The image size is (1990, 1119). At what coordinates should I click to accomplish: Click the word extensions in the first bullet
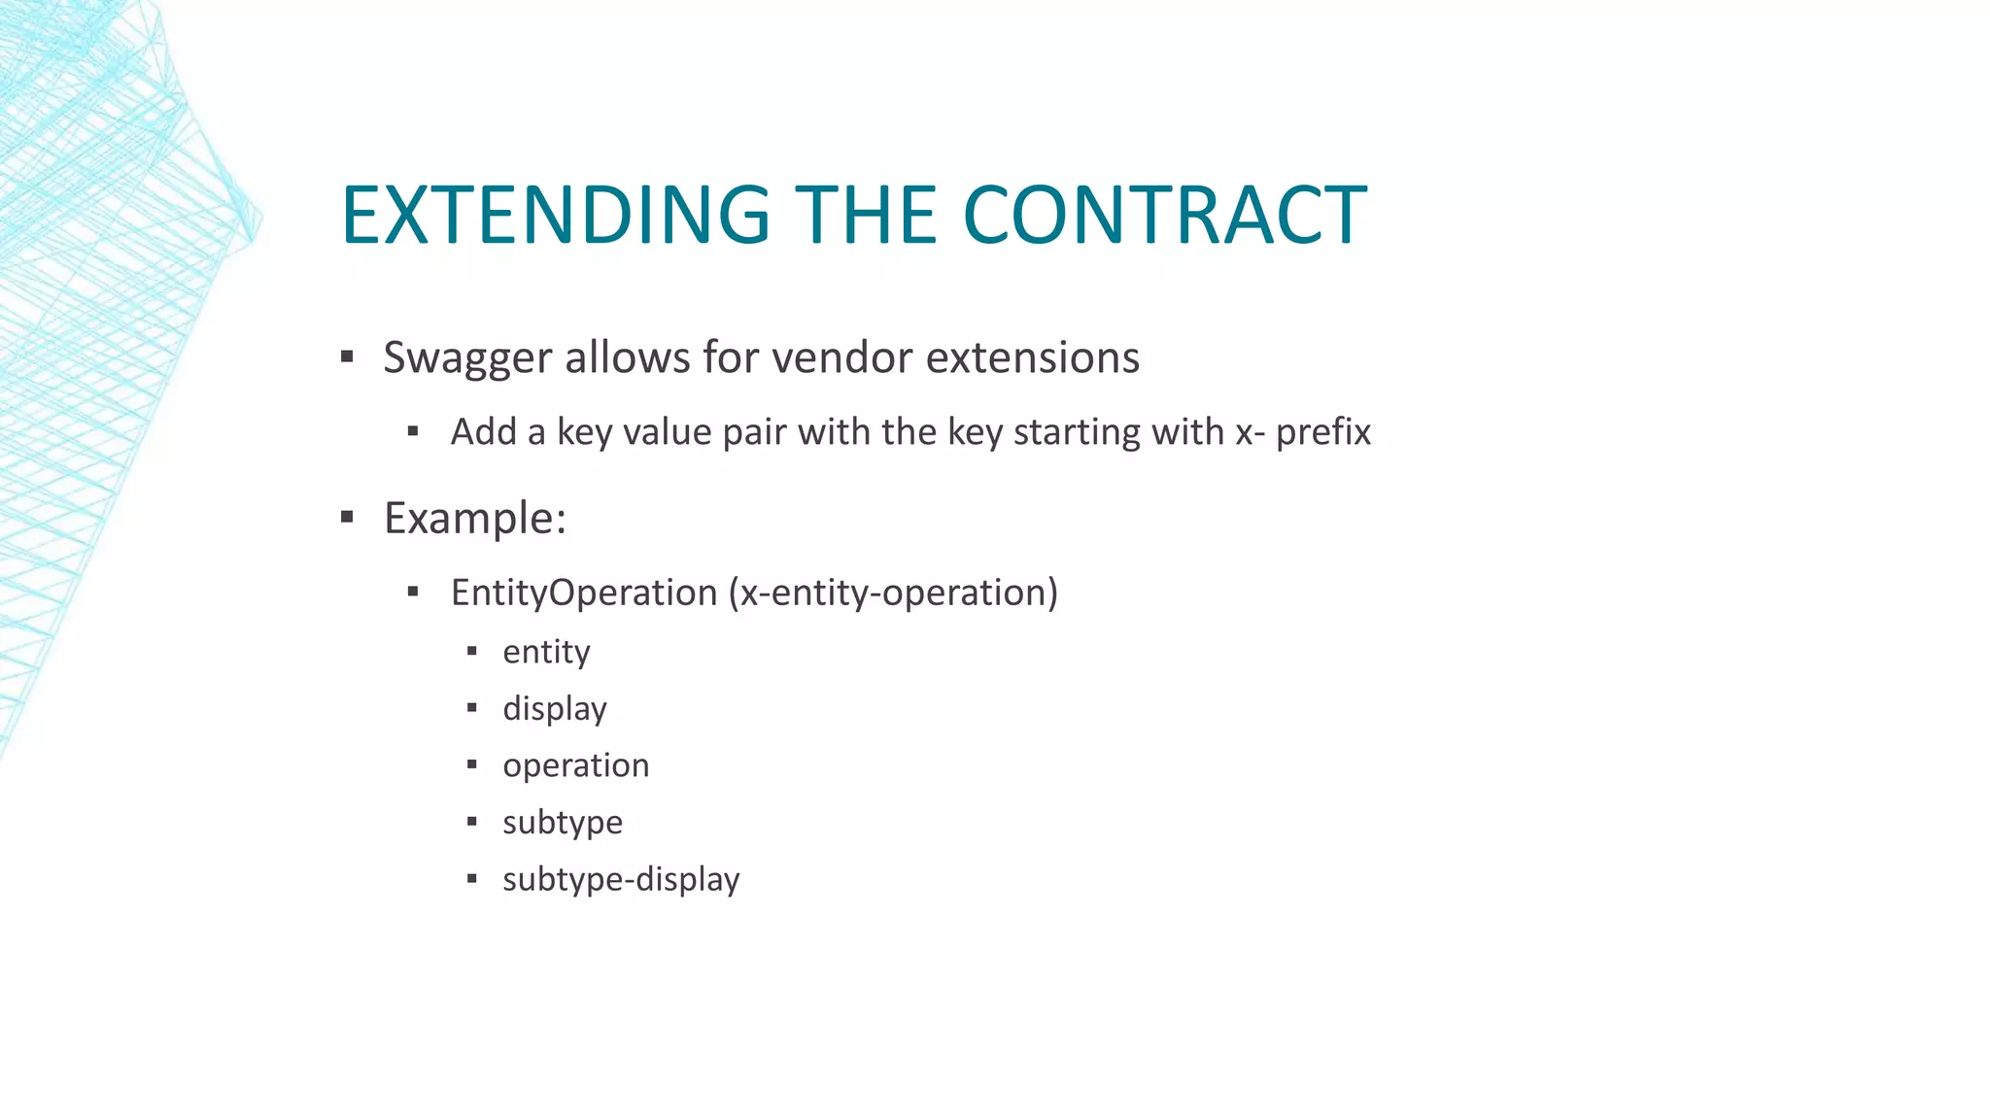pyautogui.click(x=1032, y=357)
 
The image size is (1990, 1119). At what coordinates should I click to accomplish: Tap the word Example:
pyautogui.click(x=474, y=518)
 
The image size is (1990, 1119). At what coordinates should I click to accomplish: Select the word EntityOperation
pyautogui.click(x=583, y=593)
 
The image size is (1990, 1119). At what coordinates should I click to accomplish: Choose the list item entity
pyautogui.click(x=546, y=652)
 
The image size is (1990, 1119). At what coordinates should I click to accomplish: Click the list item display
pyautogui.click(x=554, y=709)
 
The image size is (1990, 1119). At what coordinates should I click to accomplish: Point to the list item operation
pyautogui.click(x=575, y=765)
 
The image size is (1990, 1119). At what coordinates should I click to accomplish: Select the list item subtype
pyautogui.click(x=562, y=823)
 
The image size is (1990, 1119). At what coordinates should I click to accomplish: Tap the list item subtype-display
pyautogui.click(x=621, y=879)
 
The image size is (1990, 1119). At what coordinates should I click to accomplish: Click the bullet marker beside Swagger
pyautogui.click(x=347, y=356)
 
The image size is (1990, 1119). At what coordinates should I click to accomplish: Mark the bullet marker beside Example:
pyautogui.click(x=347, y=517)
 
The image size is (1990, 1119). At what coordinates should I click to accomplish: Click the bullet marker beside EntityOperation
pyautogui.click(x=413, y=592)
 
